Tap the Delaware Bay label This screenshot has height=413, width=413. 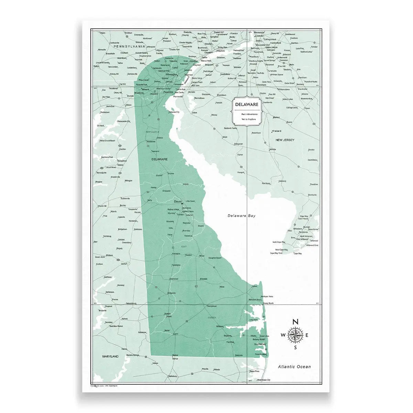pyautogui.click(x=242, y=216)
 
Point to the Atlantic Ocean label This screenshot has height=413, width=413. pyautogui.click(x=294, y=367)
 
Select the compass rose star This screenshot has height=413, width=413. pyautogui.click(x=295, y=335)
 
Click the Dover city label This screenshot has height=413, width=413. pyautogui.click(x=178, y=201)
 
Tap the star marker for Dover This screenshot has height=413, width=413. pyautogui.click(x=183, y=204)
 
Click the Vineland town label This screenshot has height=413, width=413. pyautogui.click(x=276, y=131)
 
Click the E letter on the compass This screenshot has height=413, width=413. pyautogui.click(x=307, y=336)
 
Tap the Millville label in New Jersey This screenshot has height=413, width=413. pyautogui.click(x=273, y=150)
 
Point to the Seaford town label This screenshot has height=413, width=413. pyautogui.click(x=167, y=314)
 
